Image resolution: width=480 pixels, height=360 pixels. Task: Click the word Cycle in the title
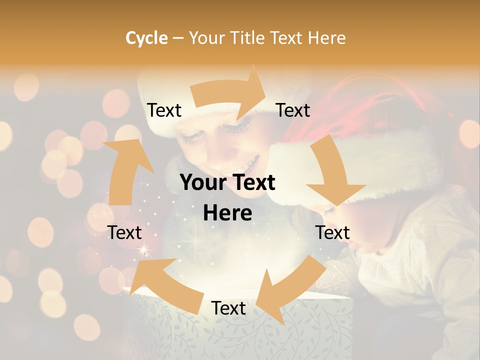pyautogui.click(x=146, y=38)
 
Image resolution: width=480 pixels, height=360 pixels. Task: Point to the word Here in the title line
pyautogui.click(x=327, y=38)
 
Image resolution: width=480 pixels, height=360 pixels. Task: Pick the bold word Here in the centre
pyautogui.click(x=227, y=213)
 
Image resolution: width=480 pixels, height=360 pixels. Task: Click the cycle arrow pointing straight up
pyautogui.click(x=125, y=170)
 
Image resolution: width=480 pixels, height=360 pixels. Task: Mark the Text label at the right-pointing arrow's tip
pyautogui.click(x=293, y=110)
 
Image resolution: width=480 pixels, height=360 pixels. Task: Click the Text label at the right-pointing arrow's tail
pyautogui.click(x=164, y=110)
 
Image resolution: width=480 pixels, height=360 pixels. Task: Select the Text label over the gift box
pyautogui.click(x=228, y=308)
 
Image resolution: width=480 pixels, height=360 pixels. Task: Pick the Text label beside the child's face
pyautogui.click(x=332, y=232)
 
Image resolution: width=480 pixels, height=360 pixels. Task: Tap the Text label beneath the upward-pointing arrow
pyautogui.click(x=124, y=232)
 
